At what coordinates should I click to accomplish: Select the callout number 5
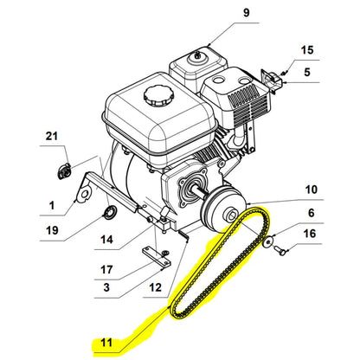click(x=306, y=74)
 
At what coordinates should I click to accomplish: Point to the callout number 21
click(x=51, y=138)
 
